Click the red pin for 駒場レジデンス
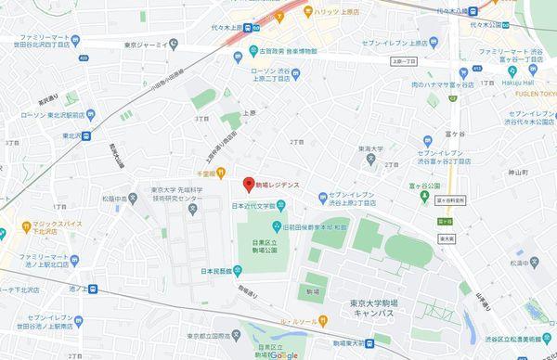click(247, 183)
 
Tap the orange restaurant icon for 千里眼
click(223, 173)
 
